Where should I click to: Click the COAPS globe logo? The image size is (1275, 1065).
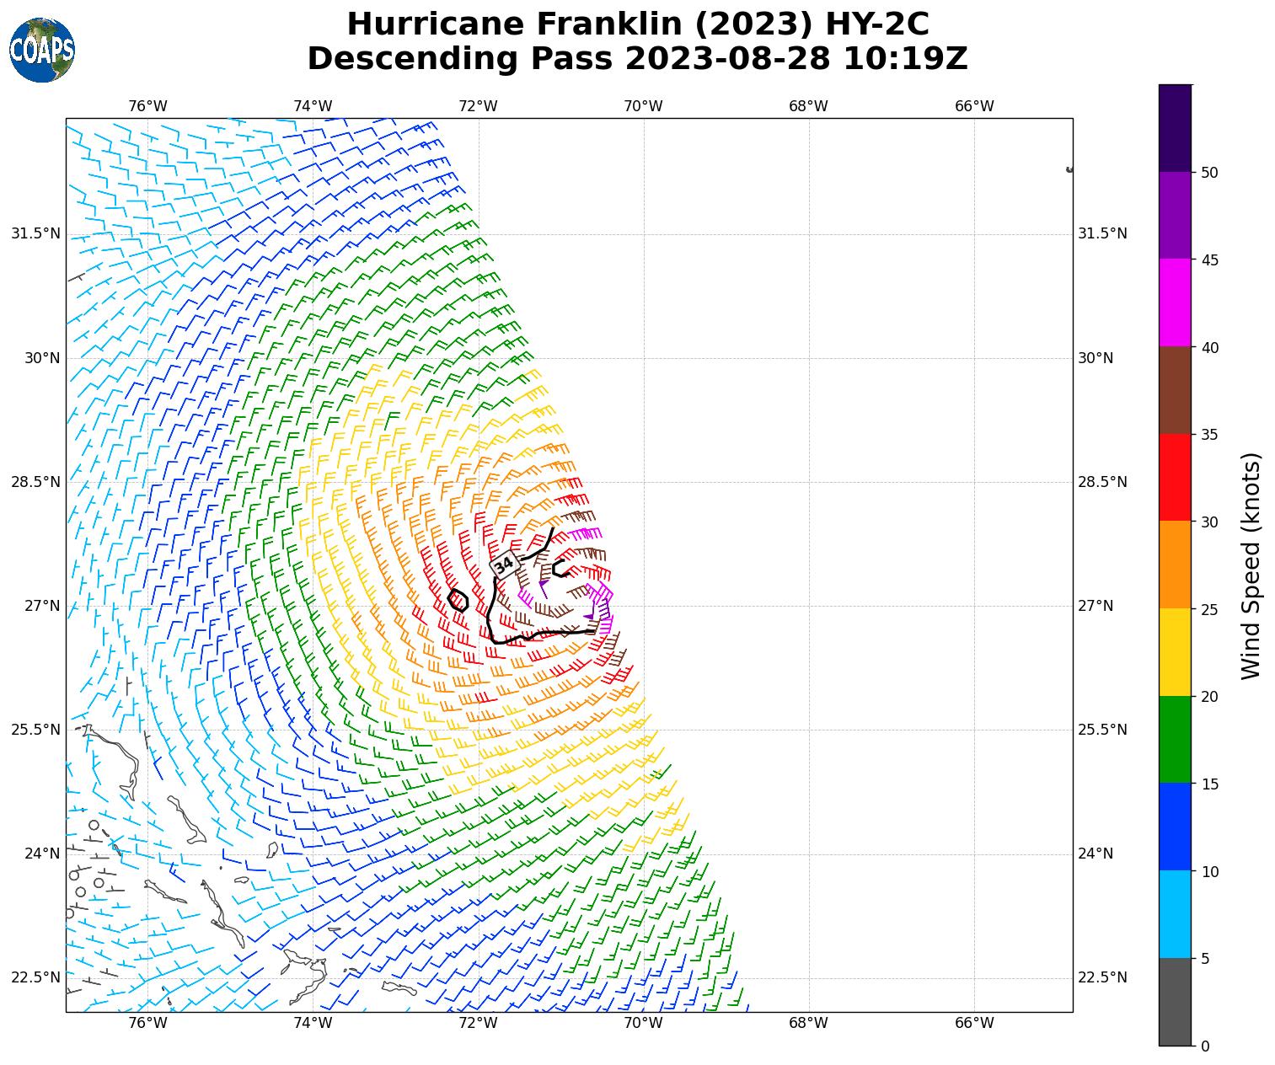click(x=42, y=51)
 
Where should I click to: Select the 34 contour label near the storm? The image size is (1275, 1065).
click(x=504, y=565)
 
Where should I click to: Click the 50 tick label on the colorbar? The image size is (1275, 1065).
click(x=1209, y=173)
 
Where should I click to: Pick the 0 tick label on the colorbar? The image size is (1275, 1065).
click(x=1205, y=1046)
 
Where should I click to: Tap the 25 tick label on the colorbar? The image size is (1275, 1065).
click(x=1209, y=609)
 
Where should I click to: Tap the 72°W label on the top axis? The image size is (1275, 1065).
click(x=478, y=106)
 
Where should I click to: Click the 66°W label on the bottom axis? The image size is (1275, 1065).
click(x=974, y=1024)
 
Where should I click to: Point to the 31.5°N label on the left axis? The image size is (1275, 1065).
click(x=35, y=233)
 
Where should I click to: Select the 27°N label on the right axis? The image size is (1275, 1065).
click(x=1096, y=606)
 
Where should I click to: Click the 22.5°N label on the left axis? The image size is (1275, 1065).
click(x=35, y=977)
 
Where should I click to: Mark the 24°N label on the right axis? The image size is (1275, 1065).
click(x=1096, y=854)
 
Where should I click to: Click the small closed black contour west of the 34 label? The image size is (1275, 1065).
click(x=458, y=600)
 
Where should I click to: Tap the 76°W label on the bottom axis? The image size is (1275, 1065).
click(x=147, y=1024)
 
